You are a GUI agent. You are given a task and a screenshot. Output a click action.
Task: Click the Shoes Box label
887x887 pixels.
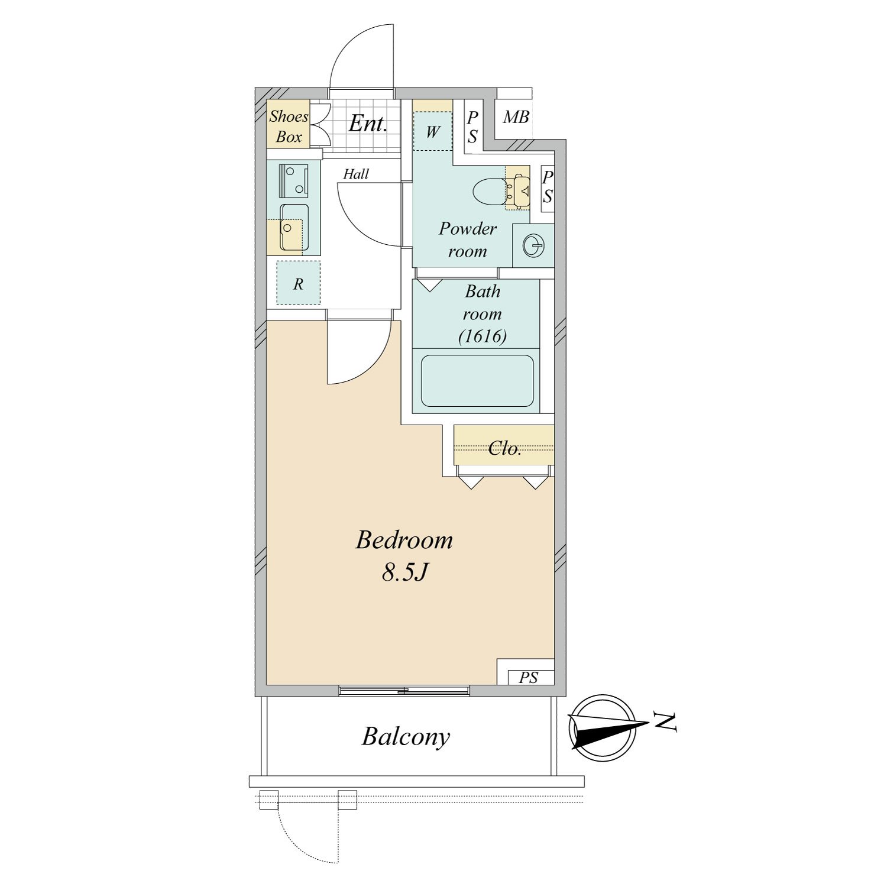coord(289,127)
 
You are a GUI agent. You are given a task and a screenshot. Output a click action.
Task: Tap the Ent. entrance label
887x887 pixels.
coord(367,123)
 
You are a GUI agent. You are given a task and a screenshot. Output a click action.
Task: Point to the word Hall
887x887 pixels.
coord(356,174)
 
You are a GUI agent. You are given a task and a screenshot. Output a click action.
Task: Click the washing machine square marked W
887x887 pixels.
coord(432,131)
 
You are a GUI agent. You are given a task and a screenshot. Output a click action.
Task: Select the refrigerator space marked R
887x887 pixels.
coord(299,283)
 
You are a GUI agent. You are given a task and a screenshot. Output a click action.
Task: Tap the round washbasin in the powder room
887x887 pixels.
coord(533,245)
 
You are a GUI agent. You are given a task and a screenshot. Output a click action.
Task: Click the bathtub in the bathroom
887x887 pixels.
coord(477,381)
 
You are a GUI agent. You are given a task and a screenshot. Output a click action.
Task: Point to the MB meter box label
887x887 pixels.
coord(516,117)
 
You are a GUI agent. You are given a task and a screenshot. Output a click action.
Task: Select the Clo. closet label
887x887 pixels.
coord(505,449)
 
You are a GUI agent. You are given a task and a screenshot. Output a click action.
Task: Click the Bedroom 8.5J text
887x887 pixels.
coord(404,556)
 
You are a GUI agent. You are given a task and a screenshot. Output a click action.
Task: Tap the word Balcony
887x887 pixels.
coord(406,737)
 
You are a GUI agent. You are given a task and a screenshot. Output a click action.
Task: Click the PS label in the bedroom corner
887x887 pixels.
coord(529,678)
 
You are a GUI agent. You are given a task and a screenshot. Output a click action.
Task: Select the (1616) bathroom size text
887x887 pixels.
coord(483,336)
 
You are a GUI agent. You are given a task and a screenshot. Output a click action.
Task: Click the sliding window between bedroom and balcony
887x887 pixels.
coord(404,690)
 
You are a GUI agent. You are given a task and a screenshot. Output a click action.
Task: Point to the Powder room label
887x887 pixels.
coord(468,239)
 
